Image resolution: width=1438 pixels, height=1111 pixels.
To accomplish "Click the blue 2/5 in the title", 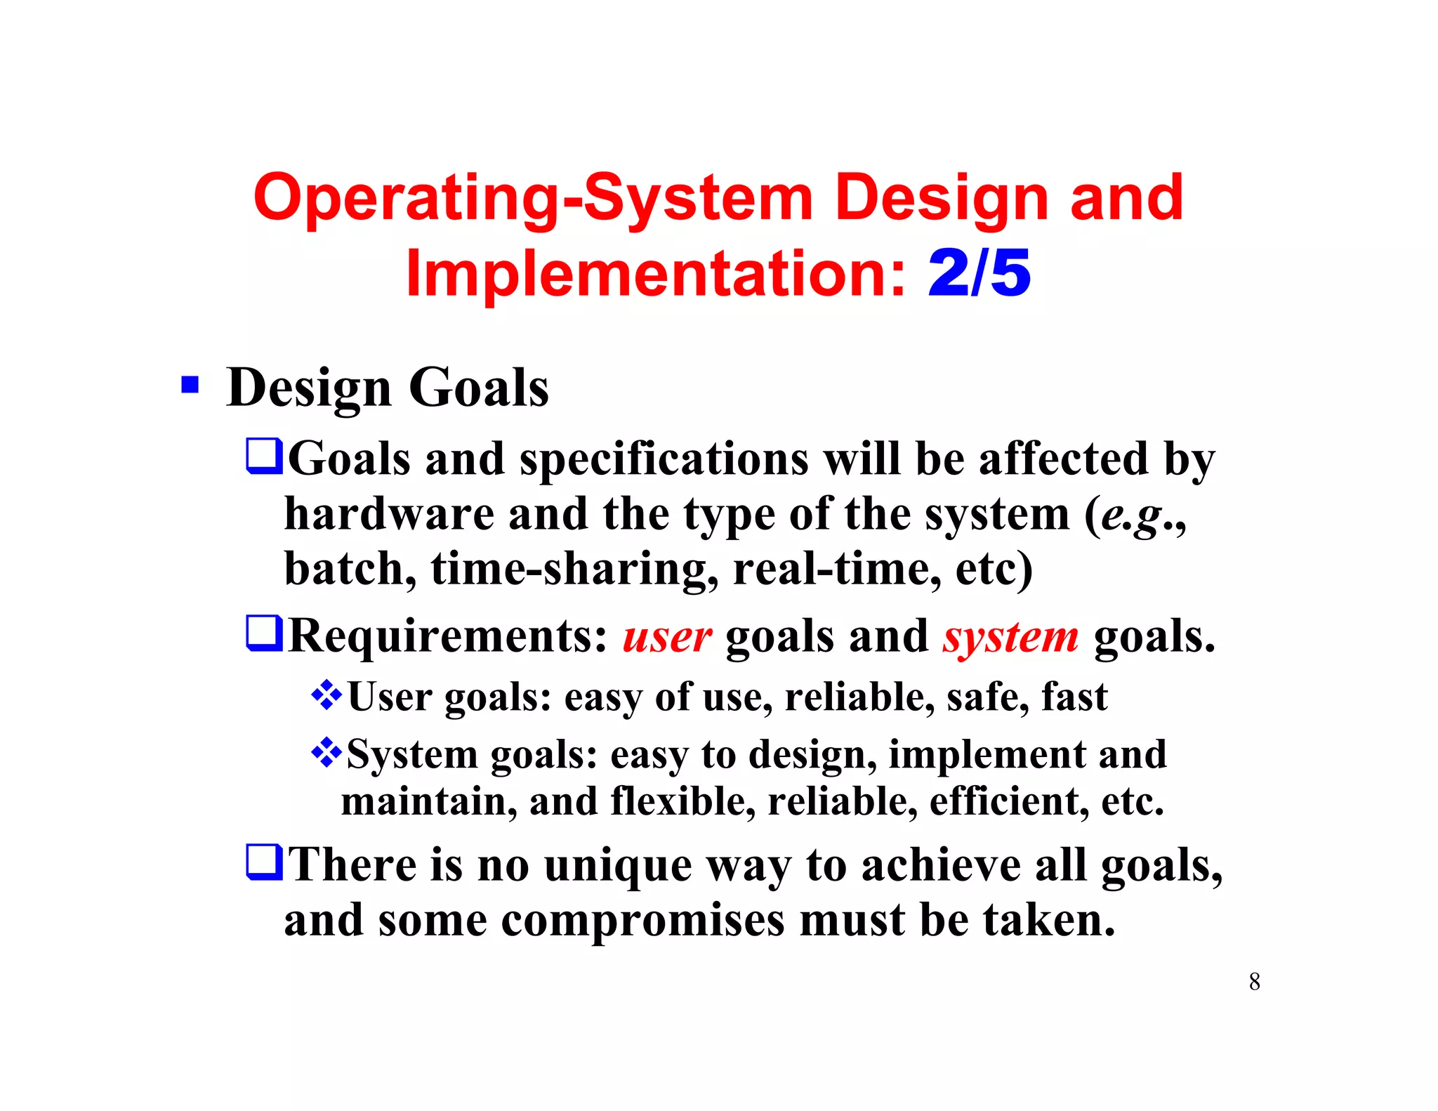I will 979,273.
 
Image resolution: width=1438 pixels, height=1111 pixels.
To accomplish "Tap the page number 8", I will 1254,982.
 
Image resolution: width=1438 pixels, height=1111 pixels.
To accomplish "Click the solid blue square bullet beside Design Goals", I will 190,385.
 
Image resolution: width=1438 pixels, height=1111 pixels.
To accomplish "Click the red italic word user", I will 667,638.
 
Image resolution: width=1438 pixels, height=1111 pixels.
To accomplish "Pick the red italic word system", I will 1010,638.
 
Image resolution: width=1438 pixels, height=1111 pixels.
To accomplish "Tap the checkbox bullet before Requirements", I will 264,633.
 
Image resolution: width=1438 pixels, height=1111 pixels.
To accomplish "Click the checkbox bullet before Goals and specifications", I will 264,456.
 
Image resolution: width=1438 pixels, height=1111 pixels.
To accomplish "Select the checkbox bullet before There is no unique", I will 264,862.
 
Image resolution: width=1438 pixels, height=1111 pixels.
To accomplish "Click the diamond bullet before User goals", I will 326,695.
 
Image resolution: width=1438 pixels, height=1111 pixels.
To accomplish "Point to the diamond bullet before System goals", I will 326,753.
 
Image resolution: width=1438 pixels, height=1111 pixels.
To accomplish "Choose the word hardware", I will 389,514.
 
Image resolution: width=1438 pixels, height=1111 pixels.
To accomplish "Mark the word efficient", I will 1009,802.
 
